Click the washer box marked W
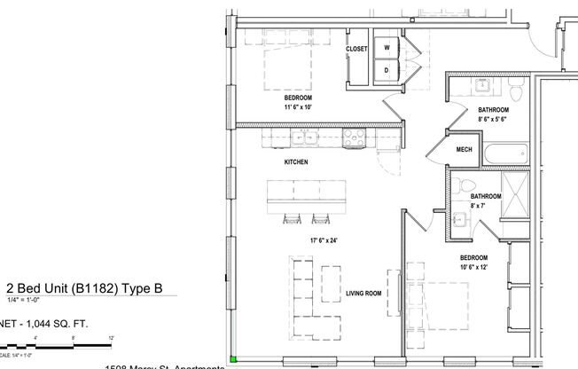point(387,48)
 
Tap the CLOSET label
point(356,50)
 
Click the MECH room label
point(464,151)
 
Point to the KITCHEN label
point(295,163)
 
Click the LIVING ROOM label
point(363,292)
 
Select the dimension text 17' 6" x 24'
point(324,240)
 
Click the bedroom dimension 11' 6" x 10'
point(298,106)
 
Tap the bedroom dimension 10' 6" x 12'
point(474,266)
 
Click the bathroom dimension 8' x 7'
point(480,206)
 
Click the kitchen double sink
point(306,137)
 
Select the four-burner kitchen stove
point(354,137)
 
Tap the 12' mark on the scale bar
point(111,338)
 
